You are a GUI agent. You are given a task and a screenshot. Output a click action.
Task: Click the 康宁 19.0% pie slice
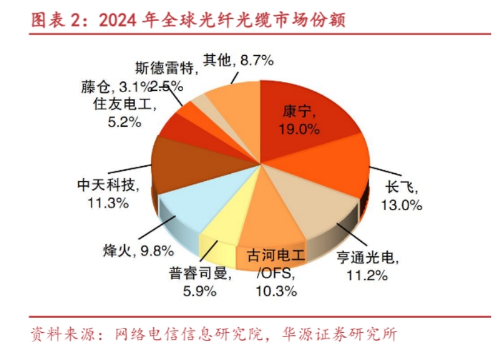coord(303,115)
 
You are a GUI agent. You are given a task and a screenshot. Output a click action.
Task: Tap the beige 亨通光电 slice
coord(315,206)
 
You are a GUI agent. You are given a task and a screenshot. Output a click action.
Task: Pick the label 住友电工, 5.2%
coord(125,112)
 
